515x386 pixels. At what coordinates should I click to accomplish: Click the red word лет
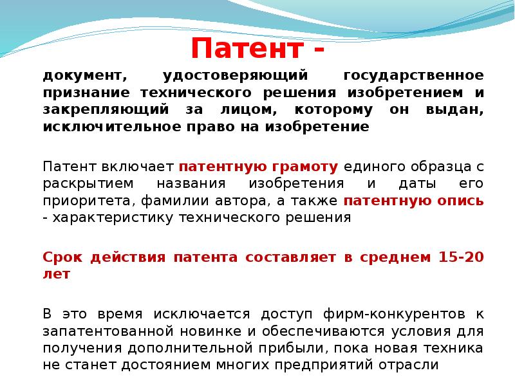[x=57, y=274]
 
